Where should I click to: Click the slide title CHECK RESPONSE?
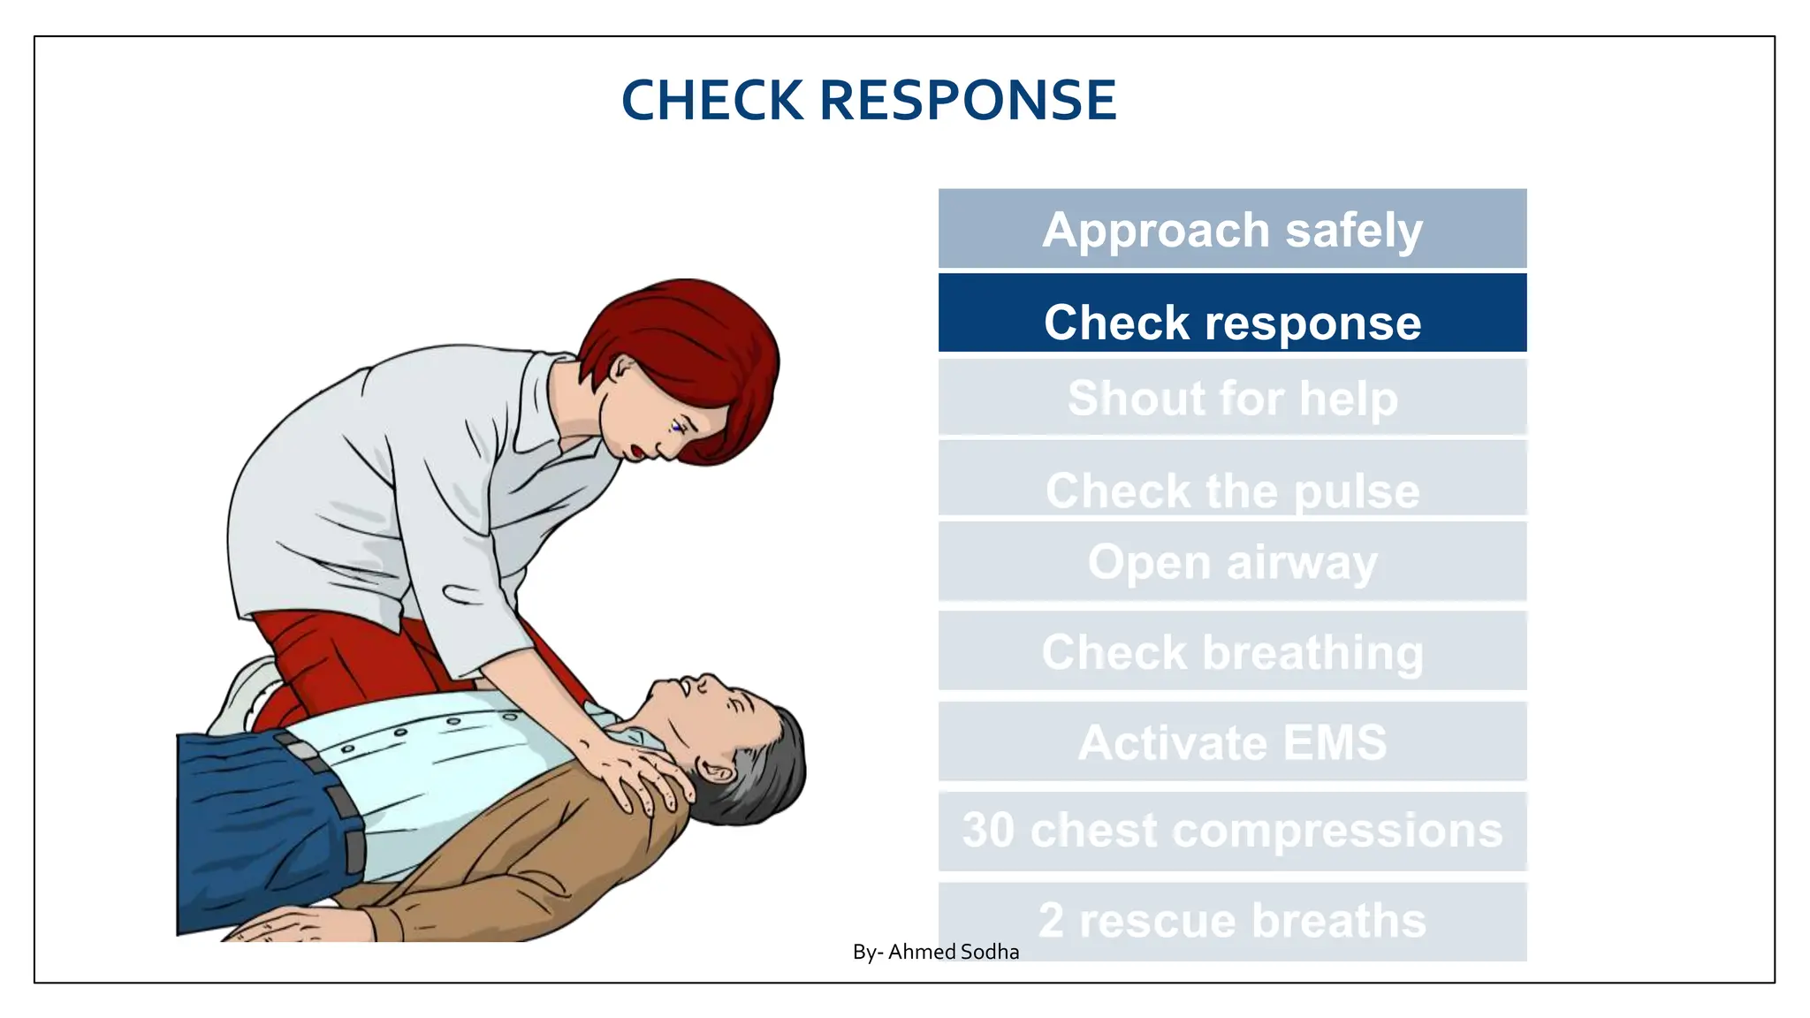[x=869, y=100]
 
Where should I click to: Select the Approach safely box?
[x=1232, y=229]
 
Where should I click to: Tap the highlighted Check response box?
[x=1232, y=314]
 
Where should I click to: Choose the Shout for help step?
[x=1232, y=398]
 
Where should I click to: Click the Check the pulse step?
[x=1232, y=482]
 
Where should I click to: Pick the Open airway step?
[x=1232, y=562]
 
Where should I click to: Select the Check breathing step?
[x=1232, y=652]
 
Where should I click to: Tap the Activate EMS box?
[x=1232, y=742]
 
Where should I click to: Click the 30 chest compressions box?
[x=1232, y=831]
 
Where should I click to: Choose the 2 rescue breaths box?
[x=1232, y=921]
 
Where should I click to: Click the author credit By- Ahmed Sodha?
[x=935, y=952]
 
